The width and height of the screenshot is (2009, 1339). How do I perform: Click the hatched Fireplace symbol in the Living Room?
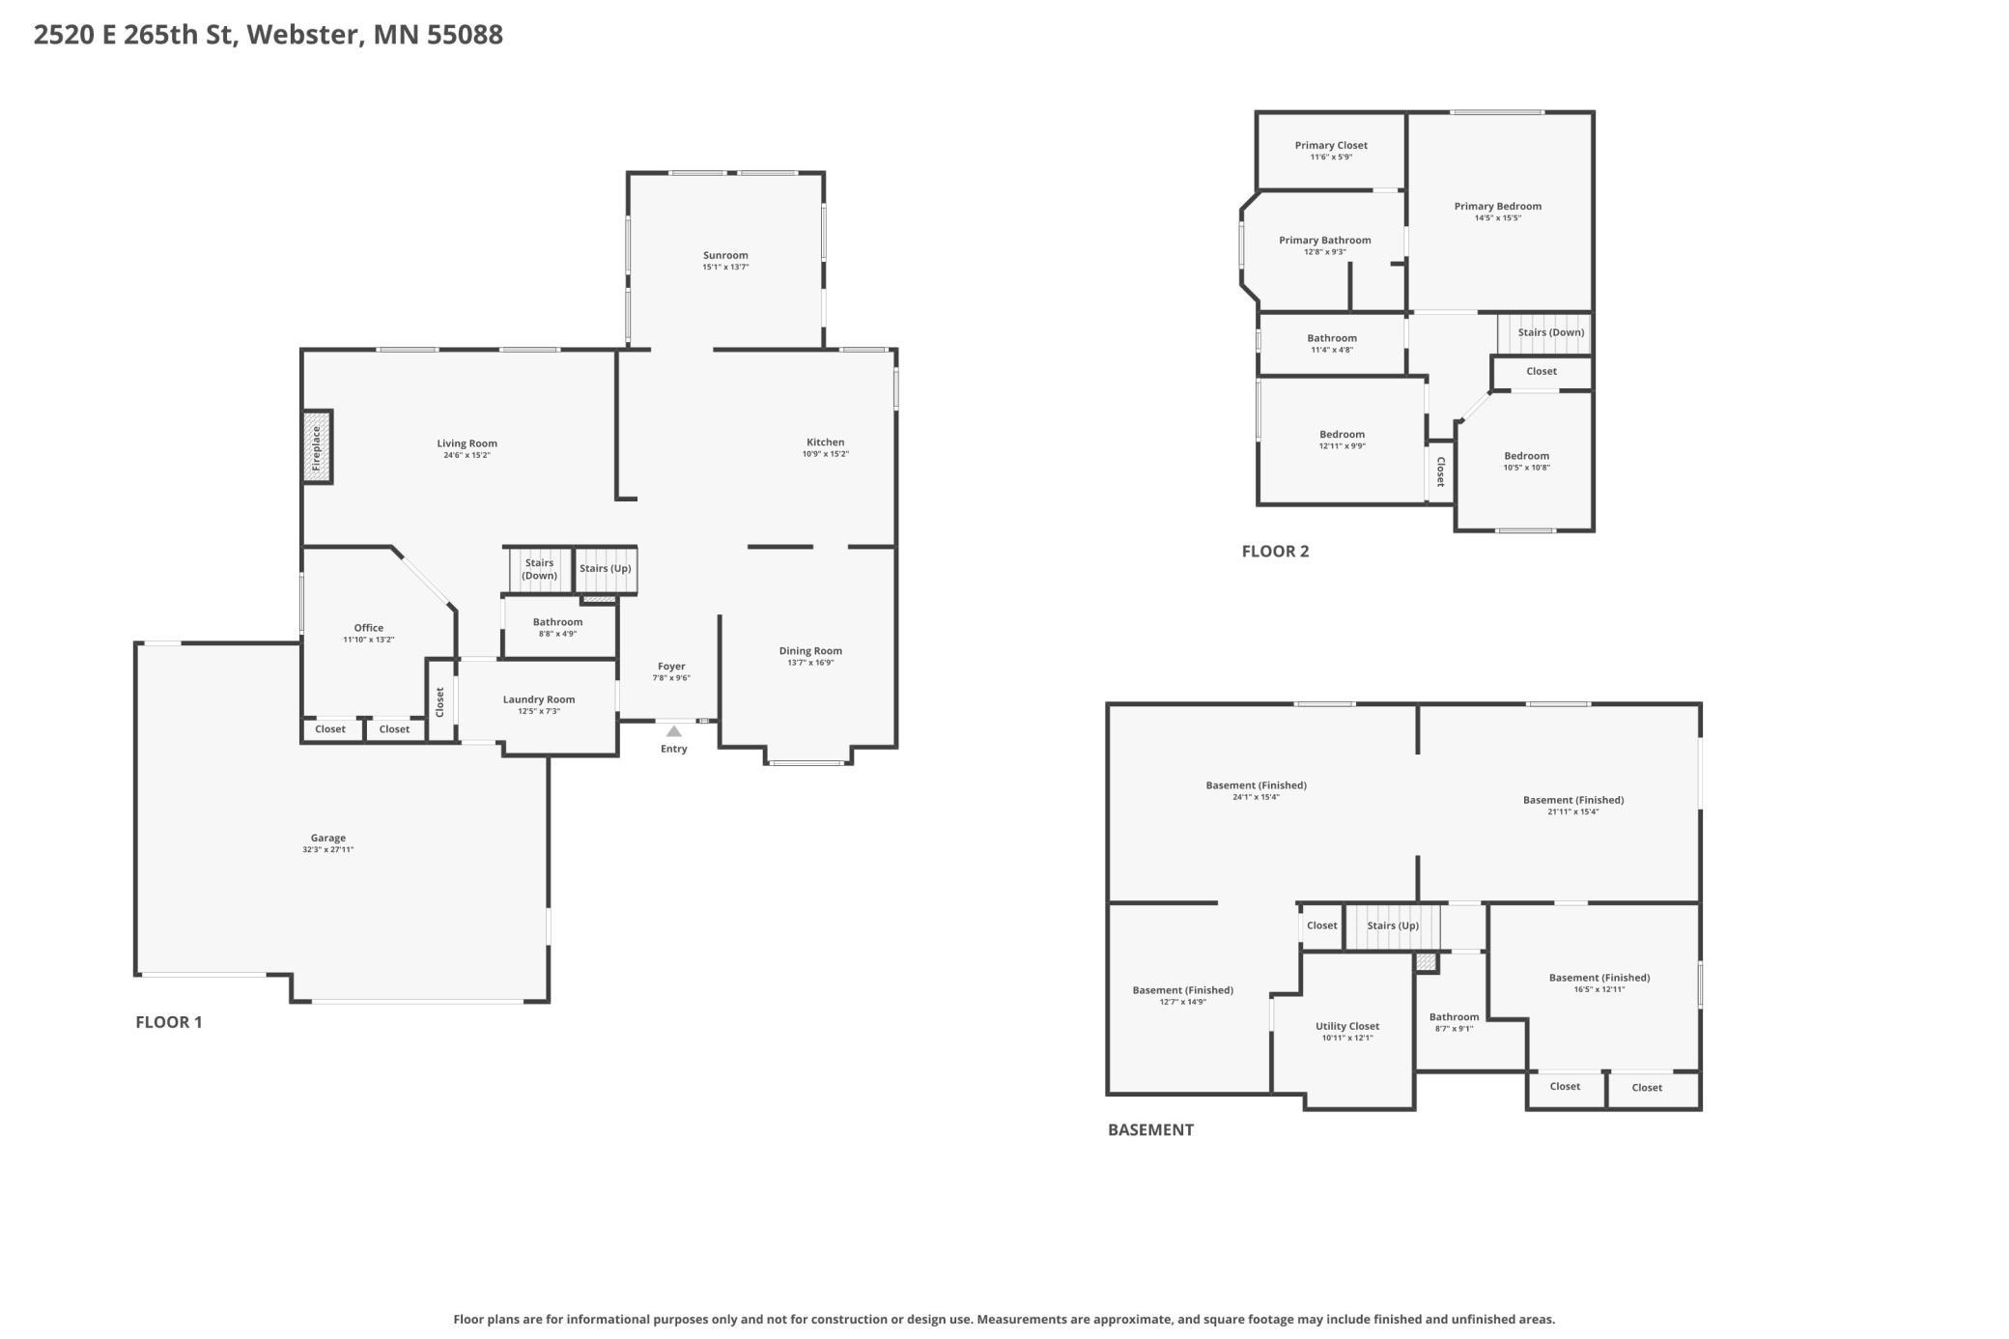click(x=317, y=446)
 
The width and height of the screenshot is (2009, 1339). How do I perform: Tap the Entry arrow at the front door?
click(x=674, y=731)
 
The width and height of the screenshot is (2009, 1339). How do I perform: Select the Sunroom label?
click(x=725, y=255)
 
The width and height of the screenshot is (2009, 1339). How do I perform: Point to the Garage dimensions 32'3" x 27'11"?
click(x=328, y=850)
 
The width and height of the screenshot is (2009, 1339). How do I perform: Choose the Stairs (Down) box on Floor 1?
click(x=539, y=569)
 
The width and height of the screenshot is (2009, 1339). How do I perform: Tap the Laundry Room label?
click(x=539, y=699)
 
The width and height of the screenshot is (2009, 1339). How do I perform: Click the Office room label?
click(x=369, y=628)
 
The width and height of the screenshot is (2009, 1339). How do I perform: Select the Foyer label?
click(x=671, y=667)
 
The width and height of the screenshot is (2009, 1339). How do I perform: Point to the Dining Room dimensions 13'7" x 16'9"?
click(x=810, y=663)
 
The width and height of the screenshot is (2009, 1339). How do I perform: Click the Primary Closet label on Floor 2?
click(x=1331, y=145)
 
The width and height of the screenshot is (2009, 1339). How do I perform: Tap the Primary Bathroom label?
click(x=1325, y=241)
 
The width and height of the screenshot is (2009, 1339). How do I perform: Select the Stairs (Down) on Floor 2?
click(x=1543, y=332)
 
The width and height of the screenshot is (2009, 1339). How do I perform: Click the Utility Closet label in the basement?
click(x=1347, y=1026)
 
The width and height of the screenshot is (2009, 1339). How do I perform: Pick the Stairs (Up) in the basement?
click(x=1392, y=926)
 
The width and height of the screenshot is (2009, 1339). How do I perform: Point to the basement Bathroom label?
click(x=1455, y=1016)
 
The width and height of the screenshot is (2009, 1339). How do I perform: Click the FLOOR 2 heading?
click(x=1276, y=552)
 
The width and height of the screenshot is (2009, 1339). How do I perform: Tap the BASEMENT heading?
click(x=1150, y=1129)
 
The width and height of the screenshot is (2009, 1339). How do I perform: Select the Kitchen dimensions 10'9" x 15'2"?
click(x=826, y=454)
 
